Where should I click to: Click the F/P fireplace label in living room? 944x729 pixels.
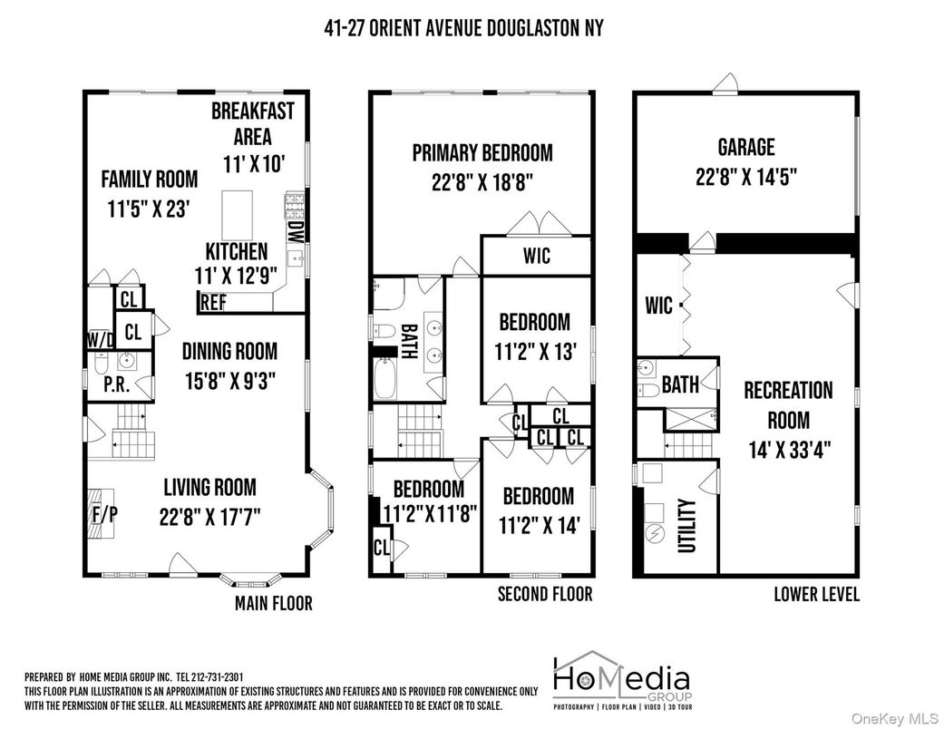tap(104, 513)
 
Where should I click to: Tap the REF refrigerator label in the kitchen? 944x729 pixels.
tap(213, 303)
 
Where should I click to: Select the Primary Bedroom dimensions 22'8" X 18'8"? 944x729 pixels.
tap(482, 181)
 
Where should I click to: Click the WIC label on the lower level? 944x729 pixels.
tap(659, 305)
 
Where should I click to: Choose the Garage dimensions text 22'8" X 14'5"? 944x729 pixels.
tap(746, 176)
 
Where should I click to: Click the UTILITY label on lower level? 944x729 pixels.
tap(686, 526)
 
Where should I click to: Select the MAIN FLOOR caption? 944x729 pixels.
tap(273, 603)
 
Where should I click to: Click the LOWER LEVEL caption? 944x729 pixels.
tap(816, 595)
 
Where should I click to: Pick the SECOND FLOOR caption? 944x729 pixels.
tap(544, 595)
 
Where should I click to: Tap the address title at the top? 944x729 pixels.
tap(463, 28)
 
